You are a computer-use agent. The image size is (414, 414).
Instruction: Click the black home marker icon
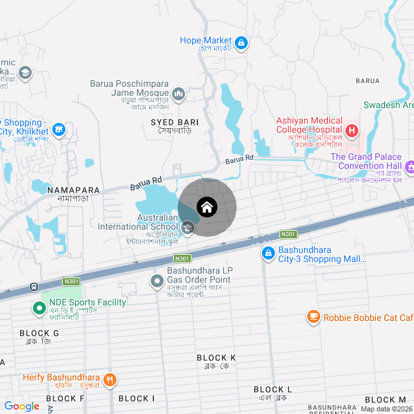point(207,207)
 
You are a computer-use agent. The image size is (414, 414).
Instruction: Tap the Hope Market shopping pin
point(241,43)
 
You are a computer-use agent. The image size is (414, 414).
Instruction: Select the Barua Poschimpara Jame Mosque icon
point(179,94)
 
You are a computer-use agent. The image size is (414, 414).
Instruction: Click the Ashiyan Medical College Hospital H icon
point(352,131)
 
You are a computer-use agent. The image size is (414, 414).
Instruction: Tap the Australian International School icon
point(188,227)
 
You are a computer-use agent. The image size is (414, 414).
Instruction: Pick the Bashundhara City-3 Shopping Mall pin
point(268,254)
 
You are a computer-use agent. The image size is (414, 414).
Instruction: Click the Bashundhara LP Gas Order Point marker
point(157,281)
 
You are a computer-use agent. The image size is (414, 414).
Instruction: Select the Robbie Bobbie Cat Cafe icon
point(314,317)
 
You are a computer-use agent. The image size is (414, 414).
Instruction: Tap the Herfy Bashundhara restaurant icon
point(110,380)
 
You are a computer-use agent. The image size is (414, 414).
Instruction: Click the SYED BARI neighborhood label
point(175,122)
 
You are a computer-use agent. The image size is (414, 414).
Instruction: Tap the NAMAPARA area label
point(74,191)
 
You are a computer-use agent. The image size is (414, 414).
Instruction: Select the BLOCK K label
point(216,358)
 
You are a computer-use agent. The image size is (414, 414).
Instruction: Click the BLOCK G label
point(39,333)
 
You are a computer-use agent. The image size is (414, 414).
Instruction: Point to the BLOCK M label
point(385,400)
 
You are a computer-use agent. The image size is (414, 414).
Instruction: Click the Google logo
point(22,406)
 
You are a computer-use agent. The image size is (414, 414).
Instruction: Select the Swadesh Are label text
point(388,105)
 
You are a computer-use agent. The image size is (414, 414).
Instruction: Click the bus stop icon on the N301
point(33,287)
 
